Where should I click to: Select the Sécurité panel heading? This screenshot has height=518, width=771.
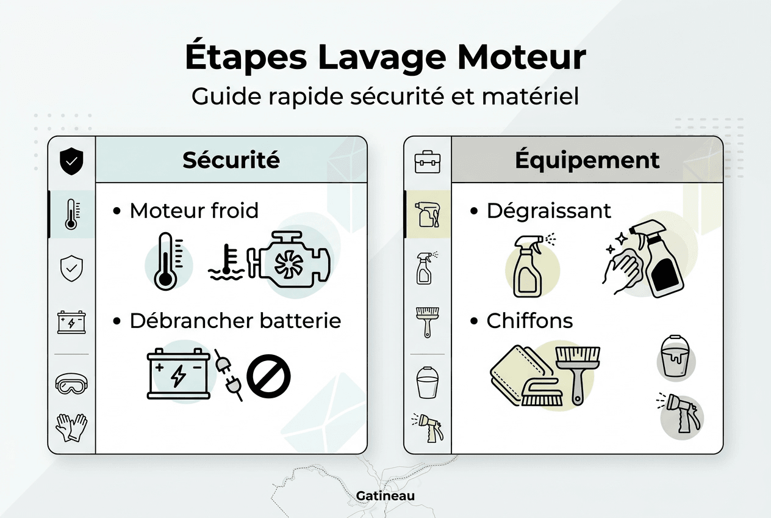click(x=231, y=160)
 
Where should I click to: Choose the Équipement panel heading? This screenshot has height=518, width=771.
click(x=587, y=160)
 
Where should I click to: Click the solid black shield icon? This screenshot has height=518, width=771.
click(x=71, y=162)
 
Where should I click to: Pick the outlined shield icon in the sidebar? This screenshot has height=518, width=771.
click(x=71, y=268)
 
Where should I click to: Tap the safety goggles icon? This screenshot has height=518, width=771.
click(x=71, y=384)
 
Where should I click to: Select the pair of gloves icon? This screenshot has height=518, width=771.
click(x=71, y=427)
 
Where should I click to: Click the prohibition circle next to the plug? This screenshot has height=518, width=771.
click(x=268, y=378)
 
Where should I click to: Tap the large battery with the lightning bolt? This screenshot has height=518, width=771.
click(x=178, y=374)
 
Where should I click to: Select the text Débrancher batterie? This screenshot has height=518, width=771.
click(x=235, y=321)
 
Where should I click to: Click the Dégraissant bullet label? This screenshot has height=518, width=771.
click(x=548, y=211)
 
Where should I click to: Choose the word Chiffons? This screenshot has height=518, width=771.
click(x=529, y=321)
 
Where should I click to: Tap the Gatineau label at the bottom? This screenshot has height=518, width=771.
click(x=385, y=495)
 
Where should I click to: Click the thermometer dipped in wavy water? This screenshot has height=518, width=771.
click(x=226, y=263)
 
